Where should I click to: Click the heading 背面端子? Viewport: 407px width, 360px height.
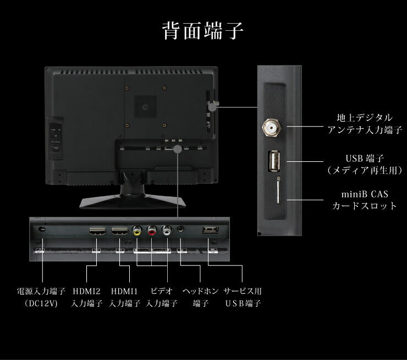(x=203, y=31)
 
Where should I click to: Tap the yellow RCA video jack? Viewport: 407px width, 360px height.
(x=136, y=232)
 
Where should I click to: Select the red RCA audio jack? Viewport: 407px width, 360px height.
(x=151, y=232)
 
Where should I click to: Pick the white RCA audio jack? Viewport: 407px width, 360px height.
(x=167, y=232)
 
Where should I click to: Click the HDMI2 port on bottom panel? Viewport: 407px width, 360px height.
(x=97, y=232)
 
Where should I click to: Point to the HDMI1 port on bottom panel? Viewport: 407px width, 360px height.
(x=120, y=232)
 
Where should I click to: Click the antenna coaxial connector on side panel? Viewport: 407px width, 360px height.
(x=272, y=127)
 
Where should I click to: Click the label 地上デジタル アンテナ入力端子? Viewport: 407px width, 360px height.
(x=365, y=124)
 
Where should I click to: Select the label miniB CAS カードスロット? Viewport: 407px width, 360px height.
(x=365, y=200)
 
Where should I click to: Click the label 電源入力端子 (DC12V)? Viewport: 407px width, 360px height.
(x=41, y=297)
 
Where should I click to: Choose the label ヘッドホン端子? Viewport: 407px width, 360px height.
(x=200, y=297)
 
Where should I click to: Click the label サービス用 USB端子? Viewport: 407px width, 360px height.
(x=243, y=297)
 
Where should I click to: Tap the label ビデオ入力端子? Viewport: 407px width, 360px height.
(x=162, y=297)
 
